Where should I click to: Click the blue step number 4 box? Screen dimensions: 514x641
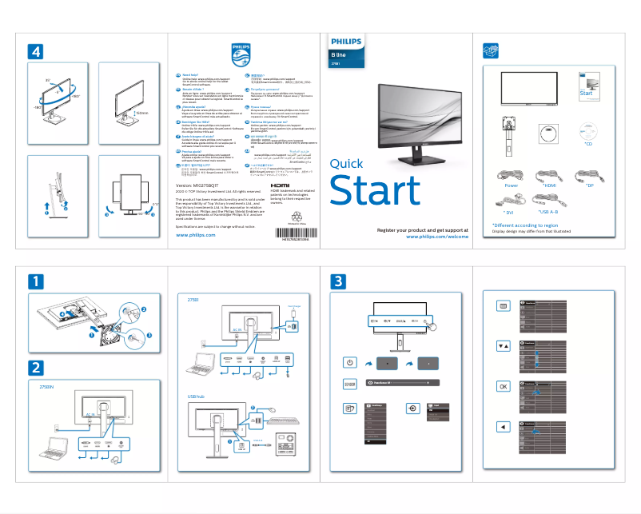pyautogui.click(x=36, y=50)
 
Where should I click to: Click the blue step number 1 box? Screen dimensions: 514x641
pyautogui.click(x=36, y=282)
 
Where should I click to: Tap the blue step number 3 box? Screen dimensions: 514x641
pyautogui.click(x=340, y=282)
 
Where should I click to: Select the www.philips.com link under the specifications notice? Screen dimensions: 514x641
pyautogui.click(x=195, y=235)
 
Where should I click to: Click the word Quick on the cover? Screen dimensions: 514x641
pyautogui.click(x=346, y=164)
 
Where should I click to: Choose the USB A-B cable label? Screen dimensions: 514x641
pyautogui.click(x=553, y=213)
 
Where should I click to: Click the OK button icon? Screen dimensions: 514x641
pyautogui.click(x=503, y=386)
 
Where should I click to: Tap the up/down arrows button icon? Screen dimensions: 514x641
pyautogui.click(x=503, y=346)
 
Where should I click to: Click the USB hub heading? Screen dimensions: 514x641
pyautogui.click(x=197, y=396)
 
